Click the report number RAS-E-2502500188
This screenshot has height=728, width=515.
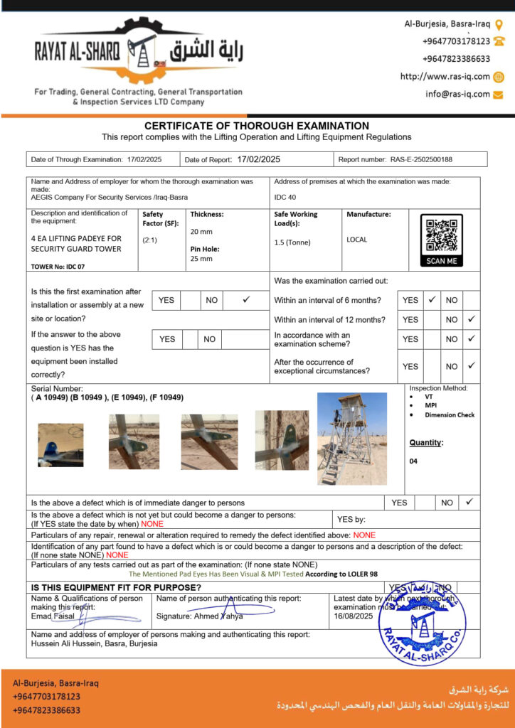(421, 160)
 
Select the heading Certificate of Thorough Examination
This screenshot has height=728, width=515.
(257, 126)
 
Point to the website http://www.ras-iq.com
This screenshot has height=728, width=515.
(445, 77)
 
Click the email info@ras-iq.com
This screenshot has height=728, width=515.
(457, 94)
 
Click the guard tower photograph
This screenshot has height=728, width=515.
(351, 438)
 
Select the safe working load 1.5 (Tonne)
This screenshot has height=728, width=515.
(292, 242)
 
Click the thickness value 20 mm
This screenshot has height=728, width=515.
(201, 232)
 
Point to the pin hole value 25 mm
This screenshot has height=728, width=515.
(201, 259)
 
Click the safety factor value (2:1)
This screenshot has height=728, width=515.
(150, 240)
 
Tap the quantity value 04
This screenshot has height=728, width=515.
(414, 461)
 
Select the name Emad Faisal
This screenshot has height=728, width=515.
(53, 616)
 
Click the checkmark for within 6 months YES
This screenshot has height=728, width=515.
(431, 300)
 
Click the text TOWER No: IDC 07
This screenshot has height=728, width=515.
(58, 267)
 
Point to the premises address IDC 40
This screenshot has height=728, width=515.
(285, 197)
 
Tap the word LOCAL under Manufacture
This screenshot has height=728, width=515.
(357, 240)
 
